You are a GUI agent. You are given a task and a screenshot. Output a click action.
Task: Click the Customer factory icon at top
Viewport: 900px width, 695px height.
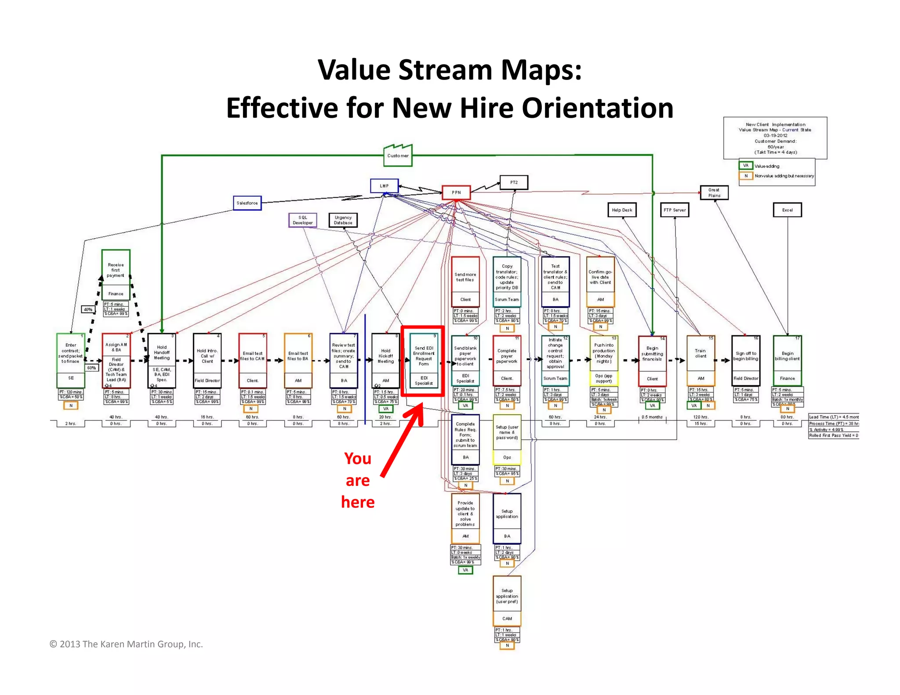398,156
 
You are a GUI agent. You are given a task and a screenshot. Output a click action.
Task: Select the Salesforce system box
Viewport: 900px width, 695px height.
247,203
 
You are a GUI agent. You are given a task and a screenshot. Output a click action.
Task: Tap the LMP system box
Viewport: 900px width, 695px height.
384,186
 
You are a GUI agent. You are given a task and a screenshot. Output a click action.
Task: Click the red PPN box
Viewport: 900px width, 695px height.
456,192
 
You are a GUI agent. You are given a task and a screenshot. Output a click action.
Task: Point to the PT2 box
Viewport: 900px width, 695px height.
514,182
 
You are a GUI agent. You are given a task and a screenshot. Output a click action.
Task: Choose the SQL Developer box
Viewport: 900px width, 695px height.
303,220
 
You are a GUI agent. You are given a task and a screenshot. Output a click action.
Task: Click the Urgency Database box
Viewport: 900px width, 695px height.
343,220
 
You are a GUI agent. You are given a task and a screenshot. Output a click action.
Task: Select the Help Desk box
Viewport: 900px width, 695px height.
622,210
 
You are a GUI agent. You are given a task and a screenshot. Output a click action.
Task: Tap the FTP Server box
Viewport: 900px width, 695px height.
675,210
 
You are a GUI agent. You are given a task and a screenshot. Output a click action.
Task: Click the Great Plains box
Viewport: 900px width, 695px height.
714,193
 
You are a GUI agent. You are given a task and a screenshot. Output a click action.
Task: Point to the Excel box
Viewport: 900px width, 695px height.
787,210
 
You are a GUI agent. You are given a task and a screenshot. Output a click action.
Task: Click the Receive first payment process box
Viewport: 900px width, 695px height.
116,275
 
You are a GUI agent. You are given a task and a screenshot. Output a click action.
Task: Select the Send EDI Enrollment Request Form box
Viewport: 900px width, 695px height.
424,361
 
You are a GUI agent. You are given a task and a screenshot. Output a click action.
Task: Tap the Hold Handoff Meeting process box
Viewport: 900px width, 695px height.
162,360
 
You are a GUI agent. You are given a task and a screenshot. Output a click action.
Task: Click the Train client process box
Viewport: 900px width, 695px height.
700,360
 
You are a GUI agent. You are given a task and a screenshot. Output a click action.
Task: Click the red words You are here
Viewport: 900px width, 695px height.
358,480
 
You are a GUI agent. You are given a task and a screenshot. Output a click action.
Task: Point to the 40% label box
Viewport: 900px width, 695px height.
88,309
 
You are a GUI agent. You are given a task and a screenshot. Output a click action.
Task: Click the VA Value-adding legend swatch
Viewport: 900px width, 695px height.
745,166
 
